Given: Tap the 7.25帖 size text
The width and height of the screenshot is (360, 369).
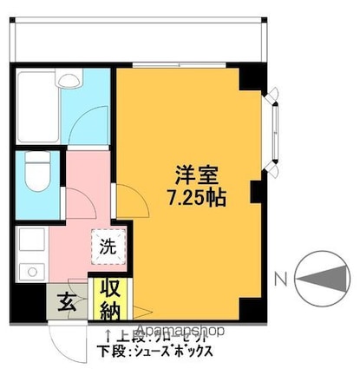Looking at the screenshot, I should point(196,197).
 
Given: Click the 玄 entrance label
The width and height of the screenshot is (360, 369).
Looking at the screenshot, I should point(67,301).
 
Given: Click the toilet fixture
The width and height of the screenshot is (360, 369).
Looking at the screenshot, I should point(35,173).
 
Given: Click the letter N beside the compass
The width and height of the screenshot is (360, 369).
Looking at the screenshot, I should point(279,279).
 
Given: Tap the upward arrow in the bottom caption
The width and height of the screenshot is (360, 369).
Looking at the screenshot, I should point(108,334).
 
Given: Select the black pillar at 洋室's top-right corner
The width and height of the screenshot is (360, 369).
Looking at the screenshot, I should point(251,78).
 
